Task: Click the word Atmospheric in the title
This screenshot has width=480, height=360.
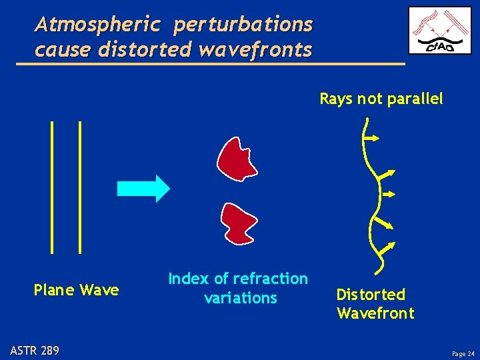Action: tap(98, 25)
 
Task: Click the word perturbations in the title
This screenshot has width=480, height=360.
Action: tap(243, 25)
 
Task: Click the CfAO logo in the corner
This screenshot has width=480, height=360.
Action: tap(440, 30)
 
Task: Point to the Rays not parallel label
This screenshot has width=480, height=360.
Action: tap(381, 99)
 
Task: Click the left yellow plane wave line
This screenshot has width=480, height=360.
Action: tap(51, 187)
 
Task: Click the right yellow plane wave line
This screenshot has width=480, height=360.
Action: tap(80, 187)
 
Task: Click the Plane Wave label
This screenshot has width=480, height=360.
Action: tap(76, 290)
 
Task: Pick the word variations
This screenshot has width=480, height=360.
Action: tap(241, 298)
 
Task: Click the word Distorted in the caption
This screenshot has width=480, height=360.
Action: tap(371, 295)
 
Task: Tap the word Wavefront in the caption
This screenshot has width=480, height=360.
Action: tap(375, 313)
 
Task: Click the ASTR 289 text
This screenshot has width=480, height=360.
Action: tap(34, 349)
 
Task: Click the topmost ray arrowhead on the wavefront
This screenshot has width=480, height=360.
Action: tap(375, 138)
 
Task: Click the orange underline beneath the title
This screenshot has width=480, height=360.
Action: tap(210, 63)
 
